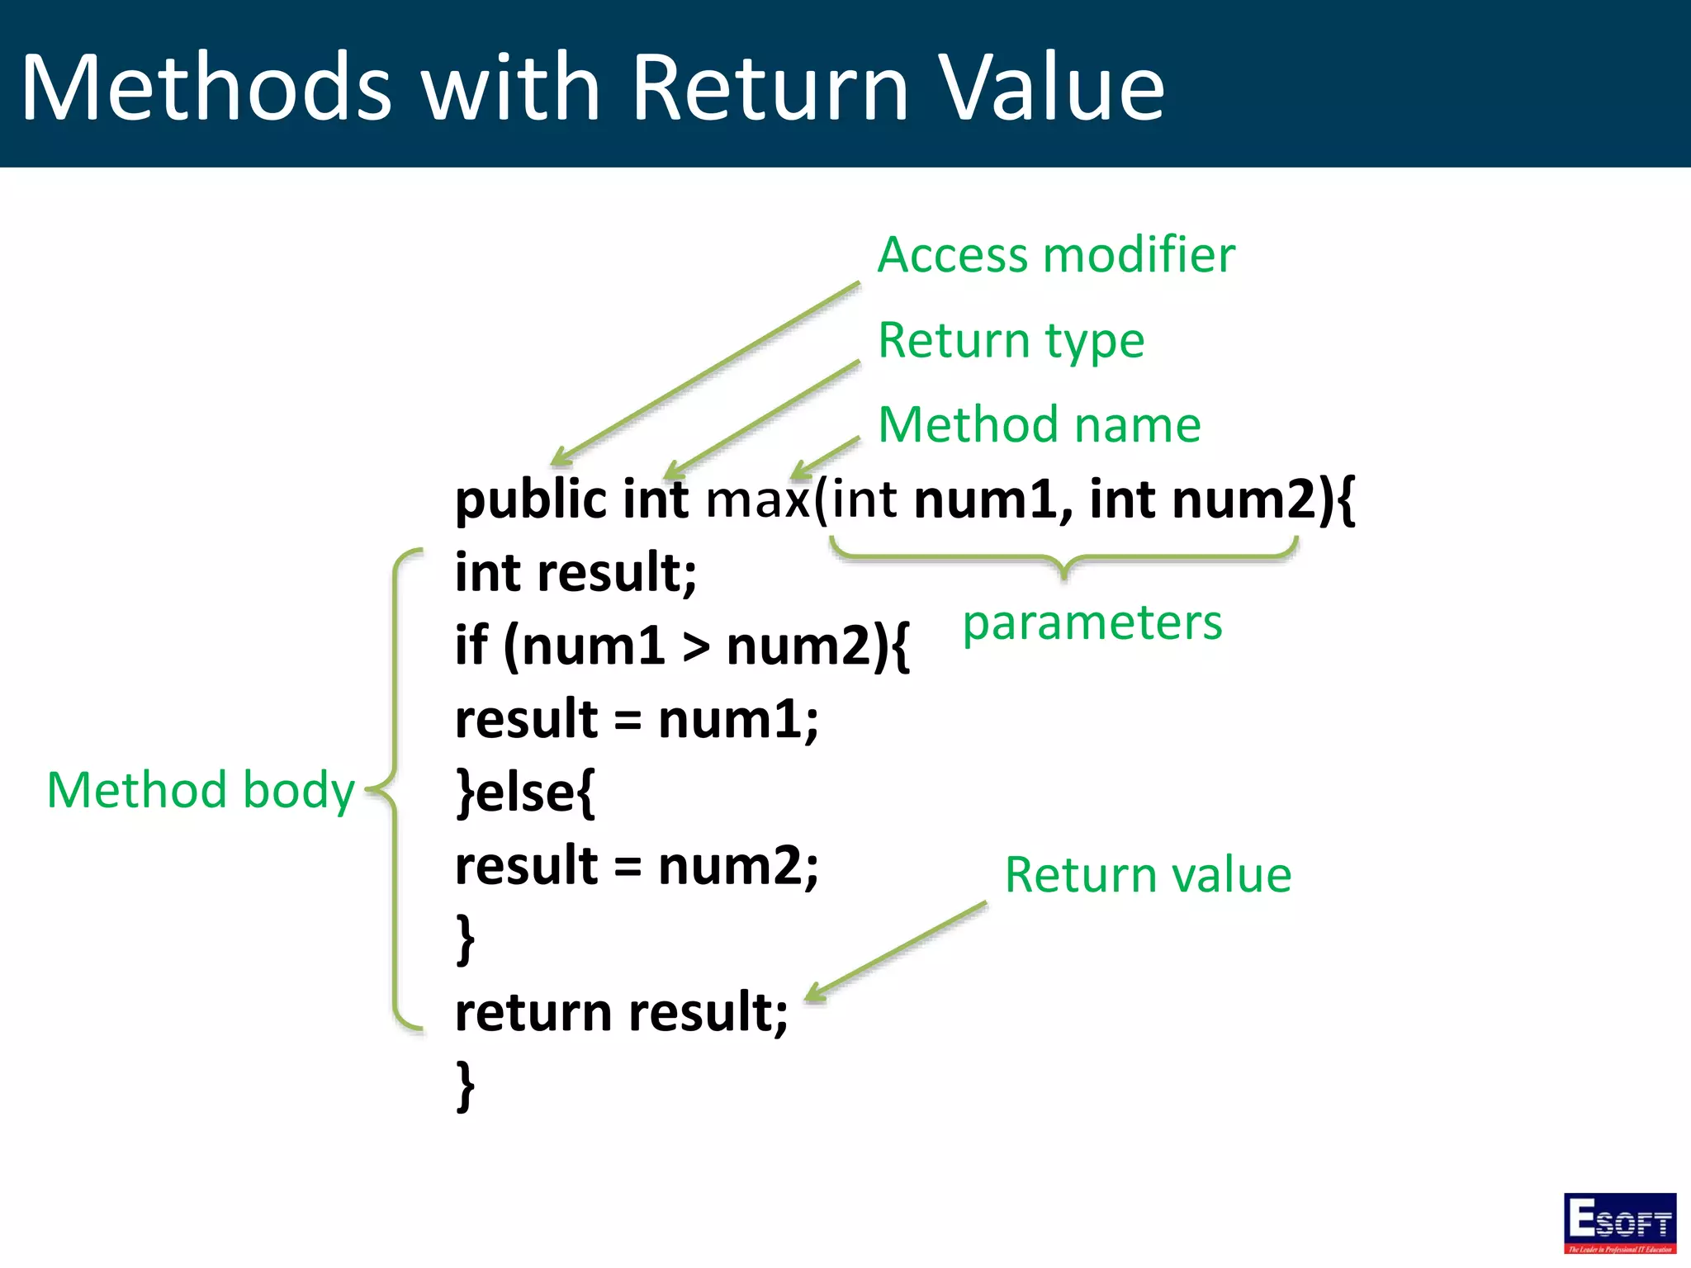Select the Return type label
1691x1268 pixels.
click(x=1011, y=340)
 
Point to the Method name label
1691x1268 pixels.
click(x=1039, y=425)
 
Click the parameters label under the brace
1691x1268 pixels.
click(x=1092, y=622)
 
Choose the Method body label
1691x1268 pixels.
click(x=201, y=790)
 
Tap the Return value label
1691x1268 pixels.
click(x=1148, y=875)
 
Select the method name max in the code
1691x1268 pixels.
click(x=757, y=501)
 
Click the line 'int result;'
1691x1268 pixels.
click(x=576, y=573)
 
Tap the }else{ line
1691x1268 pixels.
click(x=525, y=792)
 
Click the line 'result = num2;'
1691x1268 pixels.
click(x=637, y=866)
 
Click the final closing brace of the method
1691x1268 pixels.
click(x=466, y=1086)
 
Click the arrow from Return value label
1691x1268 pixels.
click(x=896, y=952)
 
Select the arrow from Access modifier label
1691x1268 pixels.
click(x=706, y=373)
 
